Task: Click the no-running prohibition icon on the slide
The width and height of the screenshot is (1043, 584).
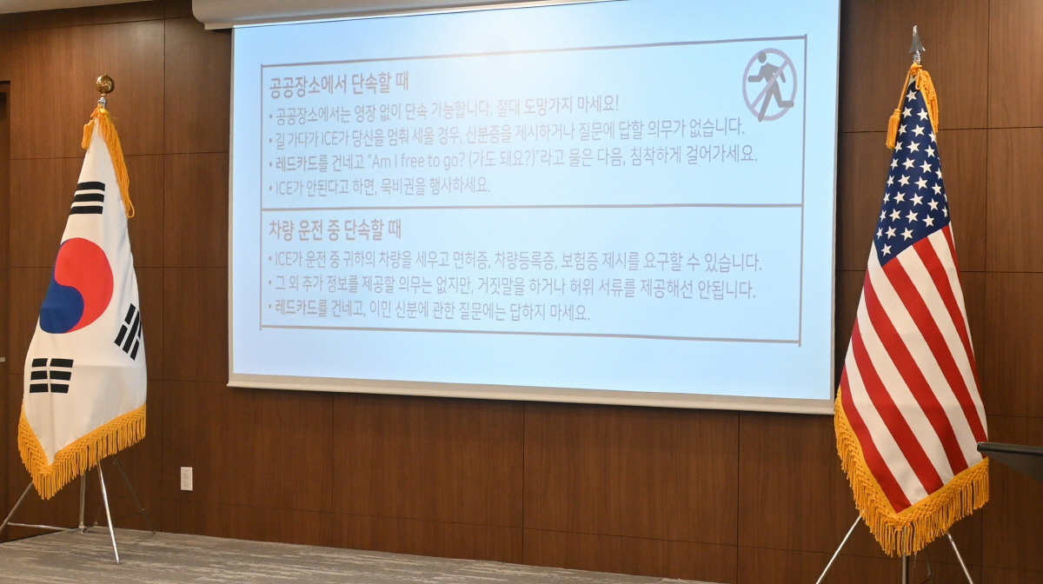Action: coord(769,85)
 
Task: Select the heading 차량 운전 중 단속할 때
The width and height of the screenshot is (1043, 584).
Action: coord(335,230)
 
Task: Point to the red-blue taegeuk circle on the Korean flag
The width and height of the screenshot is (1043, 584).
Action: coord(76,285)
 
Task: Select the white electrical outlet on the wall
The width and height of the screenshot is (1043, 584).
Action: coord(186,478)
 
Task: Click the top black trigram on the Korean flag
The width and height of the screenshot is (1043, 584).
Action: coord(88,198)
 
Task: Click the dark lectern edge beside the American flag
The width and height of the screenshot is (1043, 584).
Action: coord(1010,455)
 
